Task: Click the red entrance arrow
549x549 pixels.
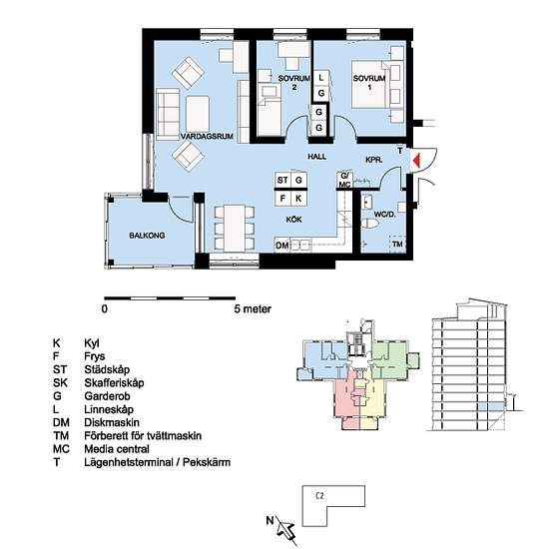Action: click(x=417, y=161)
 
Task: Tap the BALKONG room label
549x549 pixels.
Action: click(x=147, y=236)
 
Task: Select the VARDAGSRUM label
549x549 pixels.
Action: click(x=207, y=136)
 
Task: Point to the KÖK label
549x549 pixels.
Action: click(x=293, y=220)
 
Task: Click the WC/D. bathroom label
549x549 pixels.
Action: click(x=384, y=215)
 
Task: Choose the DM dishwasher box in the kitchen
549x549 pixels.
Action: click(x=282, y=246)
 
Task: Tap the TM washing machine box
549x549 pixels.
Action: click(x=397, y=244)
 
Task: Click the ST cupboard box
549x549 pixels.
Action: click(x=282, y=180)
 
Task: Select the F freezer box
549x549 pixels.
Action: click(x=282, y=199)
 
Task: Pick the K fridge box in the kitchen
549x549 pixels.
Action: click(x=298, y=199)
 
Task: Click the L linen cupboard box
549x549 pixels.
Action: click(x=320, y=78)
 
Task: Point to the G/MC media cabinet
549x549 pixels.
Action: click(x=344, y=181)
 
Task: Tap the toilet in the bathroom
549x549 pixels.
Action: click(x=368, y=223)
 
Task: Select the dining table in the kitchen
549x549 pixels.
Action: click(x=235, y=229)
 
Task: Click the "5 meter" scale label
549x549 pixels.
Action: click(x=253, y=309)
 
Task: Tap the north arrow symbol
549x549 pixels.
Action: click(x=283, y=528)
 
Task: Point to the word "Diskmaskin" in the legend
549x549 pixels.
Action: click(x=112, y=422)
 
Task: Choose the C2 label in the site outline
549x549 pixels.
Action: click(x=319, y=496)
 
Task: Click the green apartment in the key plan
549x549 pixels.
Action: click(x=389, y=361)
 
